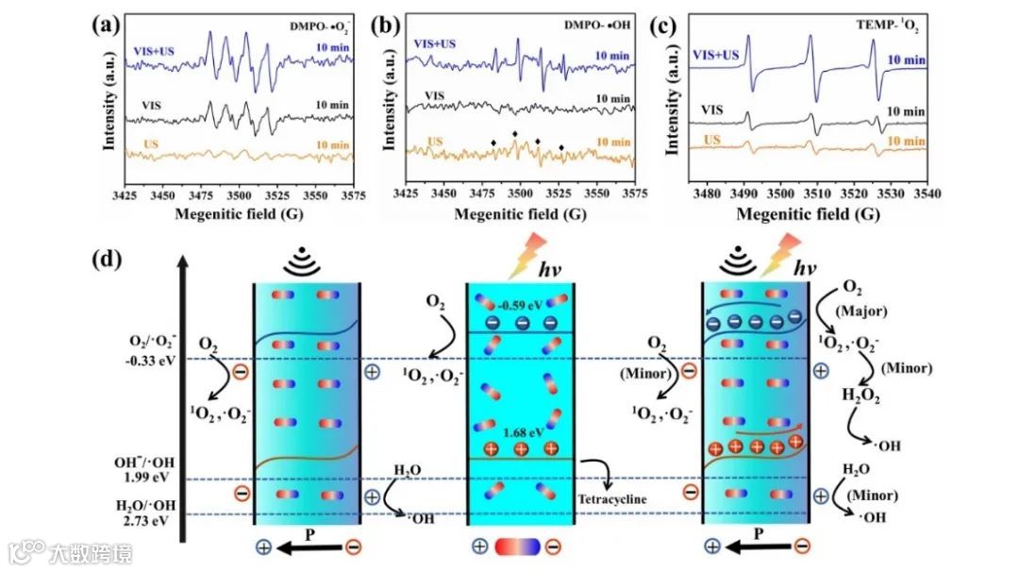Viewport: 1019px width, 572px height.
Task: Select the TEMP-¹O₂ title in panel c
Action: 886,26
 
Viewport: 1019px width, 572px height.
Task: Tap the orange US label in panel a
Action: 156,144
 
